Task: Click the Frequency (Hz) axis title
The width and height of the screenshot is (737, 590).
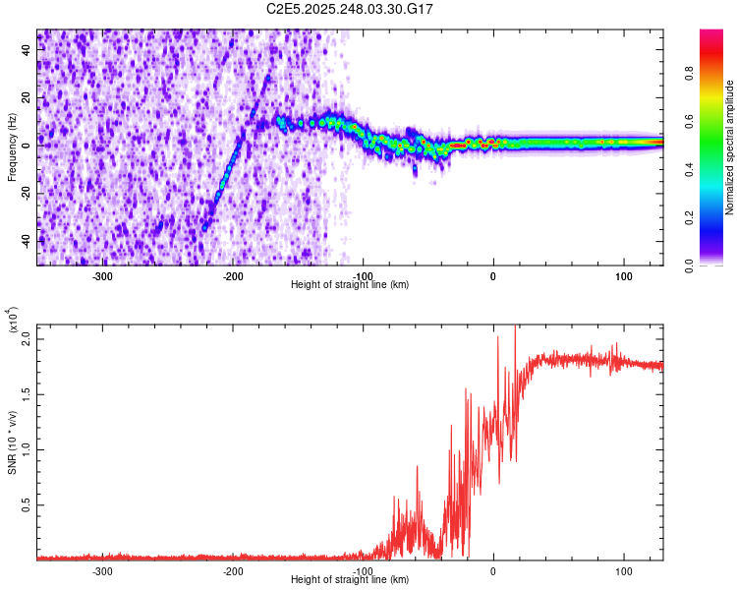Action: coord(12,147)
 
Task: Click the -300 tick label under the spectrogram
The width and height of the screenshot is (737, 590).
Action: coord(102,275)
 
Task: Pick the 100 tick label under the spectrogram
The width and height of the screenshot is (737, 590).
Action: coord(623,275)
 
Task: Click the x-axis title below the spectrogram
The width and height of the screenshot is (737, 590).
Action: coord(350,285)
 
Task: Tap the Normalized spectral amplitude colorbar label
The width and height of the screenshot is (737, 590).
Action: coord(730,147)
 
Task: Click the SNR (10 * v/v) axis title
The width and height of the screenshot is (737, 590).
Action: coord(12,442)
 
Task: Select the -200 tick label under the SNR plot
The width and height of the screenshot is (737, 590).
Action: coord(233,570)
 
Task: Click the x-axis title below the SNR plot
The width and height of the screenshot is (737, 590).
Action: coord(350,580)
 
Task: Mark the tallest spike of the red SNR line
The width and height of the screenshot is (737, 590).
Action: coord(515,327)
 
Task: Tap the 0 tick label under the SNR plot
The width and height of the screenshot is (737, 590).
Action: coord(493,570)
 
